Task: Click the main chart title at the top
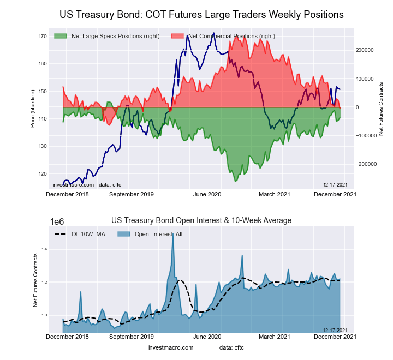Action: click(x=201, y=15)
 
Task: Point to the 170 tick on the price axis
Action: click(x=42, y=37)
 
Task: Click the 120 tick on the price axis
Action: click(x=42, y=174)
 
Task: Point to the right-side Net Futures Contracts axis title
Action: click(x=381, y=109)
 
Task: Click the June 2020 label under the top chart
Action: click(x=207, y=194)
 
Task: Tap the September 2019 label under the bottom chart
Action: click(x=132, y=337)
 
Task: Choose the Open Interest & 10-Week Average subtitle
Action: click(x=201, y=220)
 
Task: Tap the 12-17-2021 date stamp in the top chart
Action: click(x=335, y=185)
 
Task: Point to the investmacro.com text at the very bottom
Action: click(x=171, y=347)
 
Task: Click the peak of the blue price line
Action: click(x=188, y=35)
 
